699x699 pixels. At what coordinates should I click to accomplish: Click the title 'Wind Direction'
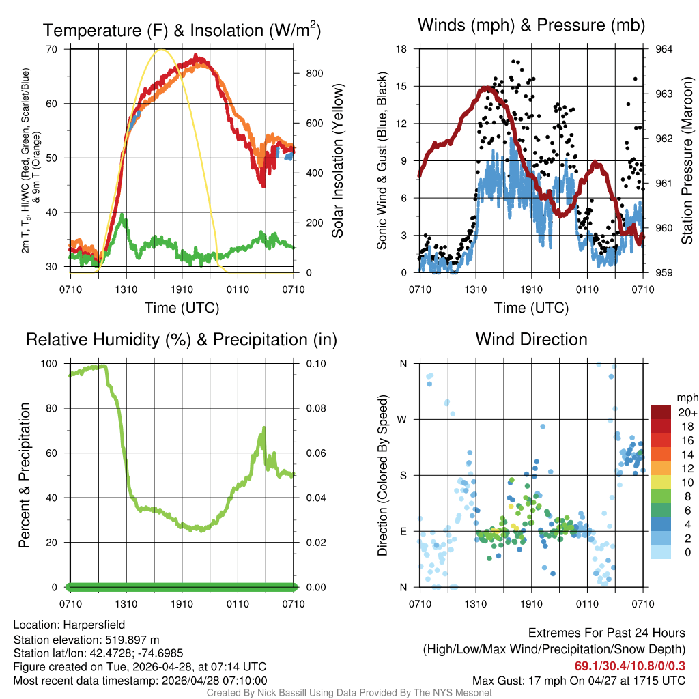(531, 339)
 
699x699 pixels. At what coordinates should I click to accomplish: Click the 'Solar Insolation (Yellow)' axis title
(338, 160)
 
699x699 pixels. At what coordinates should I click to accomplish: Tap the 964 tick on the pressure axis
(664, 49)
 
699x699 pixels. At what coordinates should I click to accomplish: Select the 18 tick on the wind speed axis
(402, 49)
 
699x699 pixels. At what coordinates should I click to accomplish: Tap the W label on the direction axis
(403, 419)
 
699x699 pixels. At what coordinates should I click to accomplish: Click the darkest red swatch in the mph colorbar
(660, 412)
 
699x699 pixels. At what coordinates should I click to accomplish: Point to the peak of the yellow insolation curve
(161, 49)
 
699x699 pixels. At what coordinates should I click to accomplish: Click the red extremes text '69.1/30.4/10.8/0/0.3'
(629, 666)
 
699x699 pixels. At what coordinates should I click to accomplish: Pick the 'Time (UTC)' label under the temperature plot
(182, 308)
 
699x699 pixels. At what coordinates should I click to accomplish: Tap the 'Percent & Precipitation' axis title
(25, 475)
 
